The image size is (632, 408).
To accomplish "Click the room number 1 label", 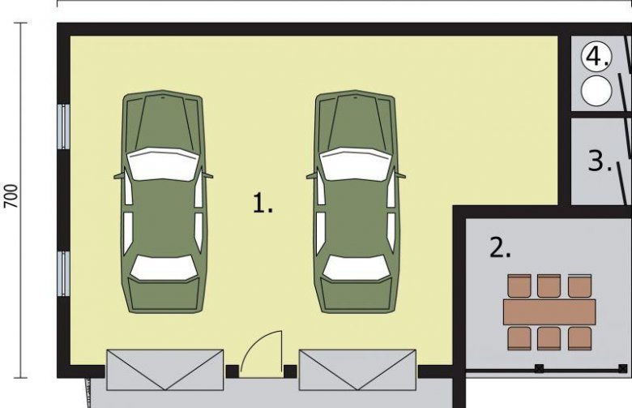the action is tap(263, 203).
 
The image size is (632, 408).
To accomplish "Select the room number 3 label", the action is tap(600, 161).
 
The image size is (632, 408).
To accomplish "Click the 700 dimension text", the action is tap(11, 196).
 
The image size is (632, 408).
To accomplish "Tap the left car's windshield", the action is tap(164, 164).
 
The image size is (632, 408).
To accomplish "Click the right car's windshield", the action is tap(357, 164).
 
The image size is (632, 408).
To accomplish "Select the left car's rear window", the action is tap(164, 268).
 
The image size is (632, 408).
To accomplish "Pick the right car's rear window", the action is tap(357, 268).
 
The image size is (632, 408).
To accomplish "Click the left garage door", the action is tap(164, 370).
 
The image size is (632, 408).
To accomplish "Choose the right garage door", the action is tap(357, 370).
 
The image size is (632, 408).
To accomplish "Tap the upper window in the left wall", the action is tap(64, 127).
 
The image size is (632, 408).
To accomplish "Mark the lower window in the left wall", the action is tap(64, 273).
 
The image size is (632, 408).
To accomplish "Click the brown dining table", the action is tap(549, 312).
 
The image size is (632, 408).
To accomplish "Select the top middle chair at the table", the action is tap(549, 286).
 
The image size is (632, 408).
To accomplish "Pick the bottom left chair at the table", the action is tap(519, 338).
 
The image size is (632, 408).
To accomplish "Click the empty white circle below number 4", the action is tap(596, 90).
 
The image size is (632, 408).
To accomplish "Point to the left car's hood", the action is tap(164, 121).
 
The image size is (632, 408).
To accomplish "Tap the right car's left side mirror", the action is tap(312, 175).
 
